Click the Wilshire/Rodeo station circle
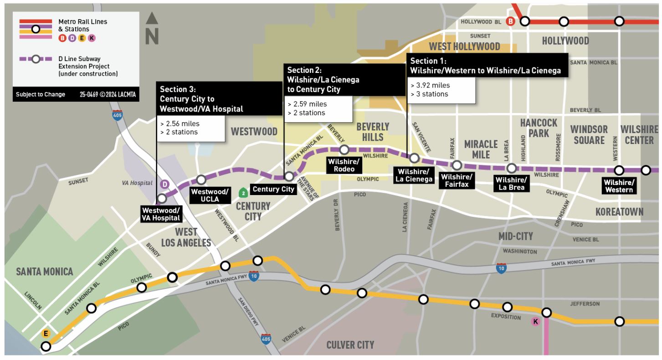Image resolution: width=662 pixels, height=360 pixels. (344, 149)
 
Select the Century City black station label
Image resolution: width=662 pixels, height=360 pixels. (273, 189)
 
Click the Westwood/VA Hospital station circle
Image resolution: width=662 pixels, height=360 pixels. (161, 199)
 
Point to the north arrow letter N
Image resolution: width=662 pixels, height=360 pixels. (152, 36)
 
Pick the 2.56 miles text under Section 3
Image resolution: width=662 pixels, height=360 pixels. (180, 123)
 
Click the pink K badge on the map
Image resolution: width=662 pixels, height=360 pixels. (535, 322)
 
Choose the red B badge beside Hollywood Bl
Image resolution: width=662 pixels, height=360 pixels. (511, 21)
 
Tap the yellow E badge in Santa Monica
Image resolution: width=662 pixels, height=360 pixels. (45, 333)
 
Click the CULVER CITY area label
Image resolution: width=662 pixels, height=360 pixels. (350, 345)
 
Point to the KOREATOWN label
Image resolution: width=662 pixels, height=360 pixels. (619, 211)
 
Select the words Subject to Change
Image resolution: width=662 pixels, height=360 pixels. (41, 94)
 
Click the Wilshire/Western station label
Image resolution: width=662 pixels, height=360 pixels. (618, 186)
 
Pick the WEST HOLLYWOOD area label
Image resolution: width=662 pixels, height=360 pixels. (464, 46)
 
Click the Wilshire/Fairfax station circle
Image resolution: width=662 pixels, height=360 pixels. (457, 165)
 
